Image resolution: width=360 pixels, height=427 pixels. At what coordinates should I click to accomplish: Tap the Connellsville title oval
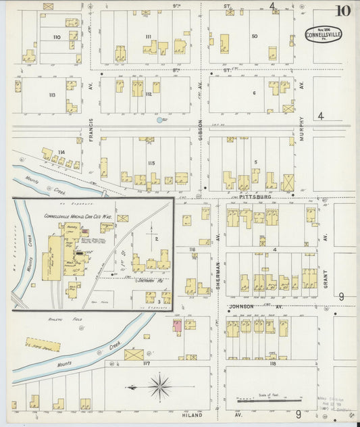[x=322, y=34]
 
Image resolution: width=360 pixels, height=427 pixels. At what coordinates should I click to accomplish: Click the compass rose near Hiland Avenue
[x=160, y=387]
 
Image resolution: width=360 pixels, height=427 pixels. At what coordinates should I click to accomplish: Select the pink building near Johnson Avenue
[x=177, y=326]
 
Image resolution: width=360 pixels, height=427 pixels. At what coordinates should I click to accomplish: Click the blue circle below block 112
[x=160, y=120]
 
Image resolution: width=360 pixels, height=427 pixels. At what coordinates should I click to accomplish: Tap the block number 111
[x=148, y=36]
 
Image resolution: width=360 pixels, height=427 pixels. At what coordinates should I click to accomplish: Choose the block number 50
[x=255, y=36]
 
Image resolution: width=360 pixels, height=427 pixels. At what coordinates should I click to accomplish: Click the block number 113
[x=52, y=95]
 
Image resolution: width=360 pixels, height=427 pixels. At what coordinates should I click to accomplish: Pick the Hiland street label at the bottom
[x=192, y=416]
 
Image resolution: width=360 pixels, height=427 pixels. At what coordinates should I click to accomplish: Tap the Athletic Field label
[x=60, y=318]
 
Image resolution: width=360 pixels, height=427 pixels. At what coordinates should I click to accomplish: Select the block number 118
[x=273, y=363]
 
